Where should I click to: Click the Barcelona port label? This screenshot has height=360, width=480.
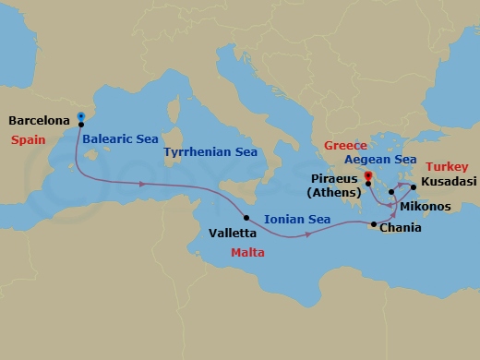tap(40, 120)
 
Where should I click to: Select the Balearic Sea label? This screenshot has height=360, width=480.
tap(120, 139)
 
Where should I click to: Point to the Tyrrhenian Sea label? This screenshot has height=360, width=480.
tap(205, 150)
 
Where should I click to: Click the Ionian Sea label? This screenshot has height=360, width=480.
tap(296, 220)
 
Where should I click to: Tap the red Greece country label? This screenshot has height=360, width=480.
tap(344, 146)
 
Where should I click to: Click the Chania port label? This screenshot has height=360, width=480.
tap(402, 228)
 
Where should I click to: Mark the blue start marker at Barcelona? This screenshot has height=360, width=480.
tap(81, 117)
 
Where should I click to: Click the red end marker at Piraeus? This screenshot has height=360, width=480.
tap(367, 175)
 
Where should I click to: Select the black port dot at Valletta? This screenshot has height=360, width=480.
tap(246, 218)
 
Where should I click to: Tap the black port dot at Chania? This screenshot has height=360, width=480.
tap(373, 225)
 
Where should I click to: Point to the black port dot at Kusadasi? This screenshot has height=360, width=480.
tap(414, 188)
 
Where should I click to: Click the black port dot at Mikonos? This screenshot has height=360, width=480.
tap(391, 193)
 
